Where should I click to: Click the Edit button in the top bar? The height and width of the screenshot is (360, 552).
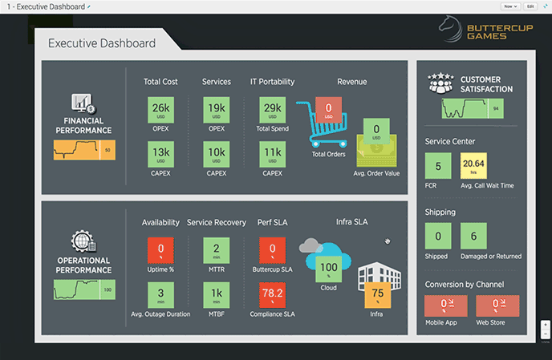point(530,6)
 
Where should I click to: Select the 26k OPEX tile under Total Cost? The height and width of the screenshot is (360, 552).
point(160,110)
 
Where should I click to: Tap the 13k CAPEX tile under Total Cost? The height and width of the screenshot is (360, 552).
point(160,152)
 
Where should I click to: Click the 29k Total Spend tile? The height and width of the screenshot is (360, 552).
point(272,110)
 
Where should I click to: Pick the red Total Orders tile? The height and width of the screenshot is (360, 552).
point(328,110)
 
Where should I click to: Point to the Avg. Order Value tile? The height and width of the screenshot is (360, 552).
point(376,130)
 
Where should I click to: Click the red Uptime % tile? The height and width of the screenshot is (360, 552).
point(160,249)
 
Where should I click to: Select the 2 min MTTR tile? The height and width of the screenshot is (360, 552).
point(217,249)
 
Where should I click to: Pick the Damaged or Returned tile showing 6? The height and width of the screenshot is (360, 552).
point(473,237)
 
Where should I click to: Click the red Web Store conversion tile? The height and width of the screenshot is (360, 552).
point(497,305)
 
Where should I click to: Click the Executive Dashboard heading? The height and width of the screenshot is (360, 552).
point(100,43)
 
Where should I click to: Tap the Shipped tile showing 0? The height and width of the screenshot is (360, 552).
point(437,237)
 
